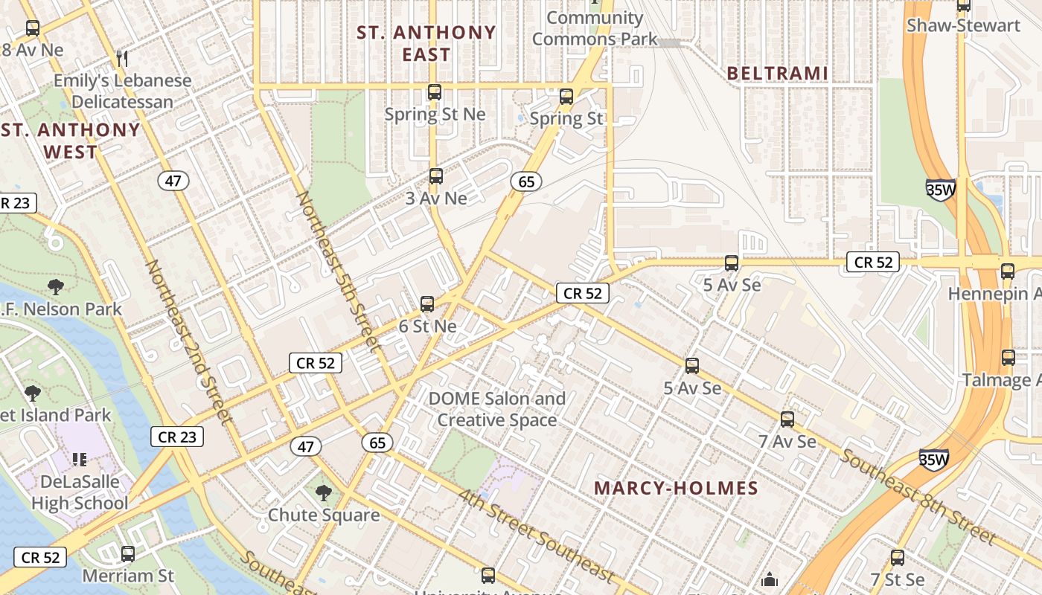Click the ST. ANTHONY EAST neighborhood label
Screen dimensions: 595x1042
point(426,43)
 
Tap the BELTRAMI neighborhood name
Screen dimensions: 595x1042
point(777,73)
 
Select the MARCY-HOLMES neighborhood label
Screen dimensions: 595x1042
point(676,488)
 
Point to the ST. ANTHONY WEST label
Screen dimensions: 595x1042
point(70,141)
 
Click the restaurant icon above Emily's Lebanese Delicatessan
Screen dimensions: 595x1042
point(123,58)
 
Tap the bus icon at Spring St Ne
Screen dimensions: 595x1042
point(435,93)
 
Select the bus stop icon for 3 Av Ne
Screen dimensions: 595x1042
point(436,176)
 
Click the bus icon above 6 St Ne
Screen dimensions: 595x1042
point(427,304)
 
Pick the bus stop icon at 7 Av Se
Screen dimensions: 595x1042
point(787,419)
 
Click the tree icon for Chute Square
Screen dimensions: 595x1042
point(323,492)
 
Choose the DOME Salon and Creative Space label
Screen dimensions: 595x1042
point(496,409)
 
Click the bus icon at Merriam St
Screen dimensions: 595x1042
point(128,554)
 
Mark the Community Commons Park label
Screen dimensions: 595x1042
point(595,28)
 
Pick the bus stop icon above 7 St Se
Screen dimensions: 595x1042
point(898,558)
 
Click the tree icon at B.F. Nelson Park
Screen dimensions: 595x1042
point(55,287)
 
